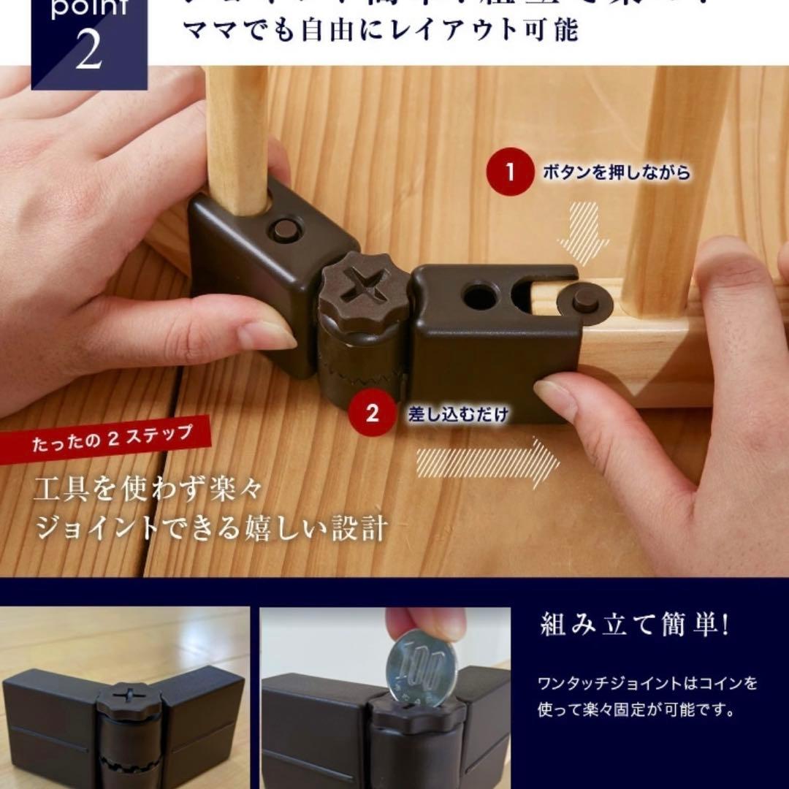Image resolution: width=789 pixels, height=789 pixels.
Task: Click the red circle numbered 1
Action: tap(510, 173)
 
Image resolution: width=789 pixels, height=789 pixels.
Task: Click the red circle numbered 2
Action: tap(373, 413)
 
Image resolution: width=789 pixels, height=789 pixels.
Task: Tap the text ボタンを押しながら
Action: tap(616, 174)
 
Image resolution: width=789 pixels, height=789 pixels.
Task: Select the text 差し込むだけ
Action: tap(458, 414)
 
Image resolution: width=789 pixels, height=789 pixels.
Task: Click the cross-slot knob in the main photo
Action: tap(364, 286)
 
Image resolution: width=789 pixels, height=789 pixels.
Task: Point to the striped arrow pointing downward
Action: tap(582, 232)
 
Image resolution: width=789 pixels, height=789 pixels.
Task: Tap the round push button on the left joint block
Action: tap(285, 229)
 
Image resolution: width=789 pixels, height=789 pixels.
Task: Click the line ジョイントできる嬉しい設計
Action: tap(211, 528)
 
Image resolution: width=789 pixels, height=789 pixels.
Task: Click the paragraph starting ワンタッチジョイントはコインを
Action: tap(647, 696)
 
